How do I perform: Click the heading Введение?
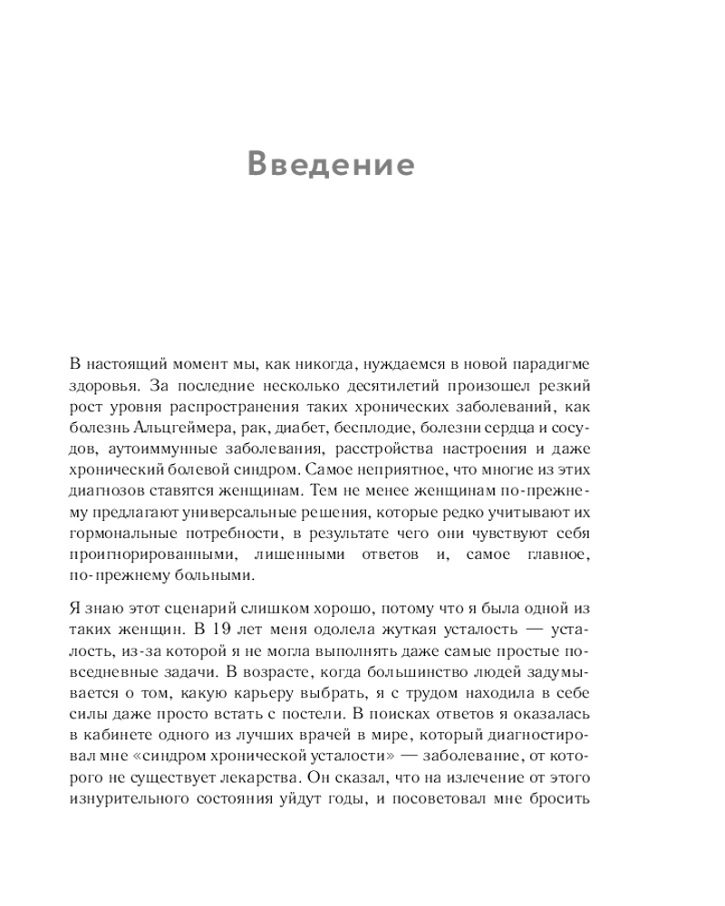tap(332, 165)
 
